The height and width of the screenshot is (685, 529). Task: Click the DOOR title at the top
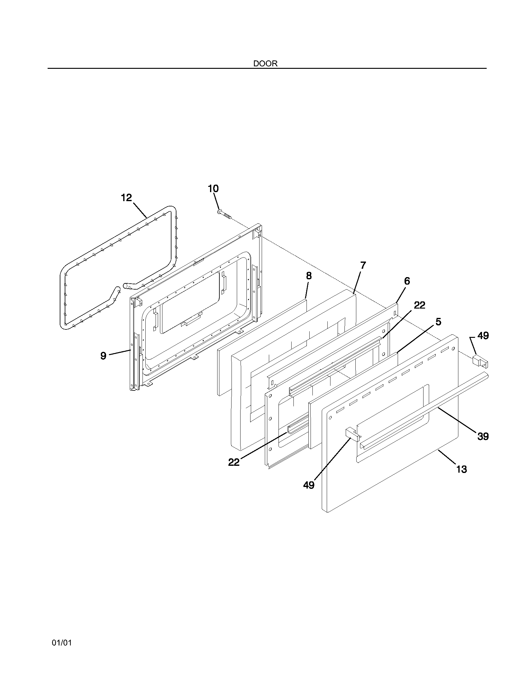point(265,64)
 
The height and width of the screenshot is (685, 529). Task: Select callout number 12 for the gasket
point(127,198)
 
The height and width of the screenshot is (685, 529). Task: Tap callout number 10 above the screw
point(213,188)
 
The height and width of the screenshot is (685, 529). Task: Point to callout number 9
point(103,355)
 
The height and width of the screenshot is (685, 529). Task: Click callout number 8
point(309,276)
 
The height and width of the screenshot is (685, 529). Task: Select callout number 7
point(363,265)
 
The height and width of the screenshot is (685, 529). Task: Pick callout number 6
point(407,281)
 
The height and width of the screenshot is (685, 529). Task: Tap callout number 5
point(438,322)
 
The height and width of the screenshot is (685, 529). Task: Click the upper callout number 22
point(419,305)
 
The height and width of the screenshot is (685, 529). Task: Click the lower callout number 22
point(234,462)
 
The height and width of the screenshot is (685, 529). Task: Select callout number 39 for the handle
point(483,436)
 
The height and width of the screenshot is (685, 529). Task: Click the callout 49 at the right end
point(483,336)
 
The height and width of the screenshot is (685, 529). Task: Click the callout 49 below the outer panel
point(309,485)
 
